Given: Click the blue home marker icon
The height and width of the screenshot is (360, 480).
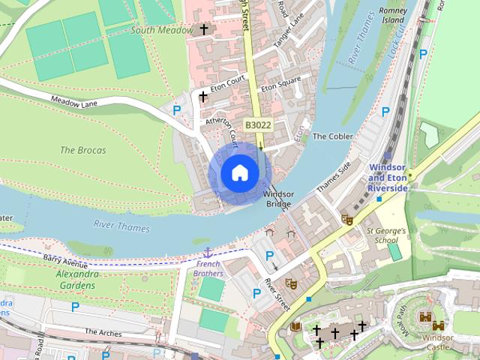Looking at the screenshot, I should (239, 172).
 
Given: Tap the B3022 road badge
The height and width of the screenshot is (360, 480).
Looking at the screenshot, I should (258, 126).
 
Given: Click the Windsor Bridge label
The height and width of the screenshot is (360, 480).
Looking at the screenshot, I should (277, 199).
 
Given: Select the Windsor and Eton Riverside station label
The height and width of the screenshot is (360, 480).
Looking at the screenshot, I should (388, 177).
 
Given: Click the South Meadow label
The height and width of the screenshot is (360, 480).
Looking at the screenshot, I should (162, 30).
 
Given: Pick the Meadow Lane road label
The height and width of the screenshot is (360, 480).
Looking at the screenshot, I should (76, 102).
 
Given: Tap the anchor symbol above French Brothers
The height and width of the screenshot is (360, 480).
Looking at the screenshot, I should (208, 253).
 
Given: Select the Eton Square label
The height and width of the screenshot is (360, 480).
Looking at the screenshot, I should (280, 88).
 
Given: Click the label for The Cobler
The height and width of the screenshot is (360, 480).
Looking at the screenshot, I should (332, 136).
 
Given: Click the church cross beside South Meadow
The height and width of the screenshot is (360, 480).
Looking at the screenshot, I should (203, 30).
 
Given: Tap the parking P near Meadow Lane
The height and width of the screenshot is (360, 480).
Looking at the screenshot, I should (177, 110).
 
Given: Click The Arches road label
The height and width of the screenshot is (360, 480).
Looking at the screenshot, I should (102, 331).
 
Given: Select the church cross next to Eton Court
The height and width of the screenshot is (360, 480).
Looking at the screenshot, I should (202, 97).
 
